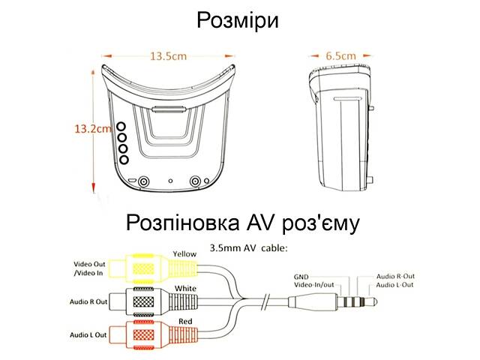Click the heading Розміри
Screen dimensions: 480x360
point(238,20)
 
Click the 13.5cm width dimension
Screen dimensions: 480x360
point(168,56)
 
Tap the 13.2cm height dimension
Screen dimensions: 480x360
point(93,128)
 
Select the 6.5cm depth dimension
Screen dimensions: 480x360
point(340,56)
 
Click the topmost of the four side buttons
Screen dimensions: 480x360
point(121,127)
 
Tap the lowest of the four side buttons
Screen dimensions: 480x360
point(124,160)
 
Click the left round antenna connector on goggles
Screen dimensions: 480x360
point(143,181)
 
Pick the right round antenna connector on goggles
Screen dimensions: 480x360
point(195,181)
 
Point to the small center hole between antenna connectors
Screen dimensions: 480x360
point(170,181)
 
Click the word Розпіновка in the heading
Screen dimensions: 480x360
point(183,223)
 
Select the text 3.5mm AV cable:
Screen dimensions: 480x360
point(248,248)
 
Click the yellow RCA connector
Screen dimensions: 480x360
point(153,269)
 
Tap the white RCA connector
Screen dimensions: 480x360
point(153,301)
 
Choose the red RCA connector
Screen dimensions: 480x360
point(153,334)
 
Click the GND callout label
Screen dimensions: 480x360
point(301,277)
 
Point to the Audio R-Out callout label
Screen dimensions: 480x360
point(395,276)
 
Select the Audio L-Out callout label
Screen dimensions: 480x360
point(394,285)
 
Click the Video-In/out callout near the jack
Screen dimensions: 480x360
point(314,285)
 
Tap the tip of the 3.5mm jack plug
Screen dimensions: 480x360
point(375,302)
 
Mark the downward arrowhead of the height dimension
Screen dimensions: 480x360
point(94,188)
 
